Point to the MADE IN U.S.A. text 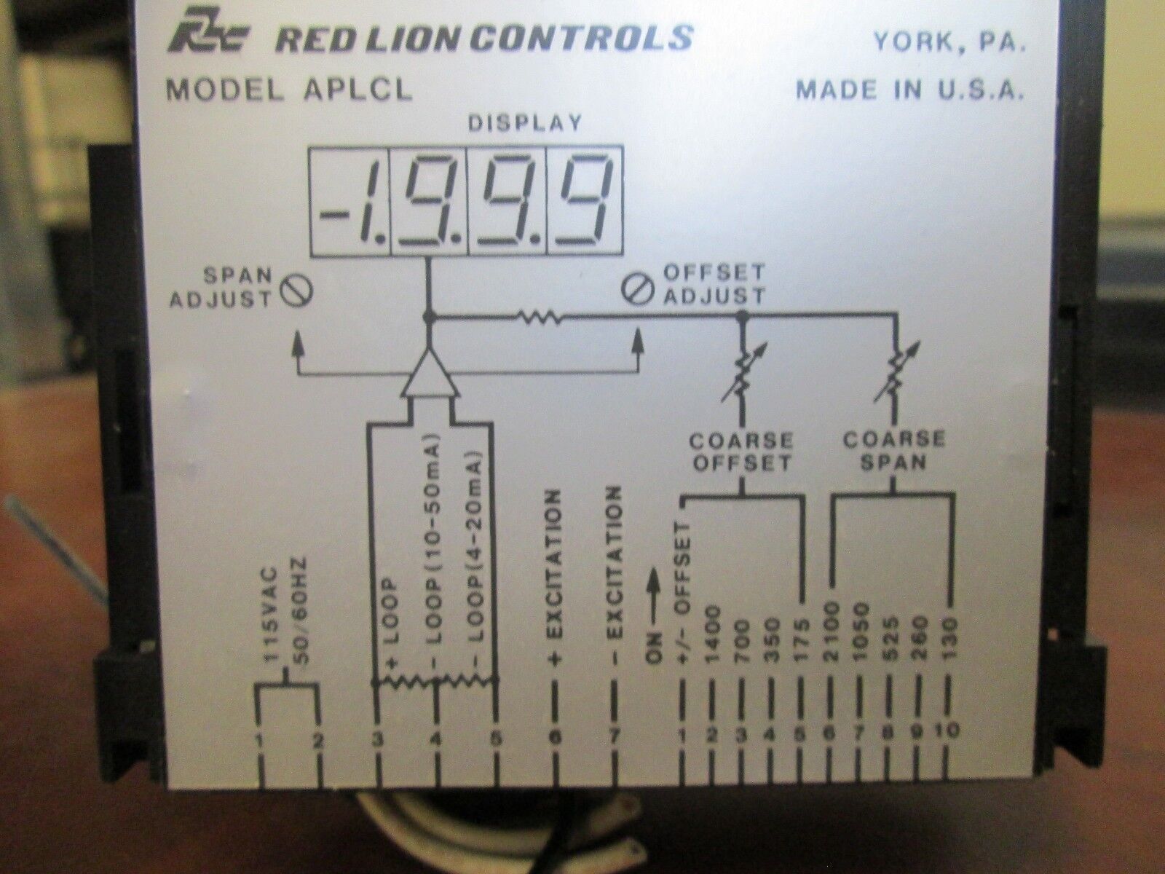pyautogui.click(x=910, y=90)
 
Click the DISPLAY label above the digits pyautogui.click(x=524, y=122)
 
